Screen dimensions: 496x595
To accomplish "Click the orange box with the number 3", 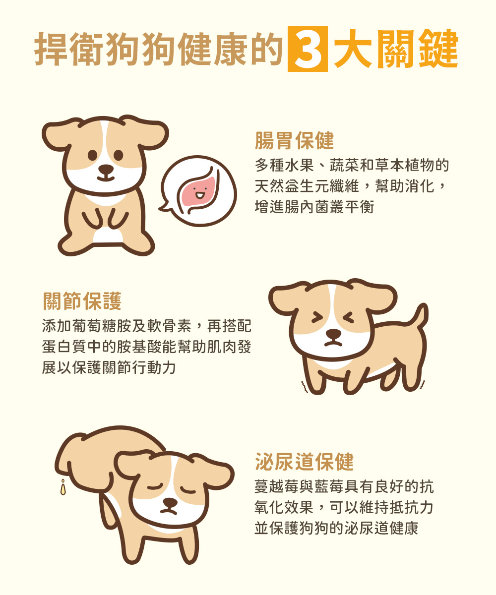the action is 308,49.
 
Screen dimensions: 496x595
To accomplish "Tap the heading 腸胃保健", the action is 295,140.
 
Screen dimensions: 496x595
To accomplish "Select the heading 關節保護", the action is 82,301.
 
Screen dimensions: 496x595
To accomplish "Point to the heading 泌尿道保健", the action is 305,462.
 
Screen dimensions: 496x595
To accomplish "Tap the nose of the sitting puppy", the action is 106,169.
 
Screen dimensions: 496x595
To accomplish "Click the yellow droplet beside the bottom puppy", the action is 63,487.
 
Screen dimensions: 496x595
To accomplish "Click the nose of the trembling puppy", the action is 333,333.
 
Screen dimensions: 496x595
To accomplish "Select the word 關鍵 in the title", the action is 418,49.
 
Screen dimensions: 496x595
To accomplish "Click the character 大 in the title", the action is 353,49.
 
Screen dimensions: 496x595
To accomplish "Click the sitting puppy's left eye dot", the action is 92,155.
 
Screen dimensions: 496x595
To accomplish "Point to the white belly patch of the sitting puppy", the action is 108,236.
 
